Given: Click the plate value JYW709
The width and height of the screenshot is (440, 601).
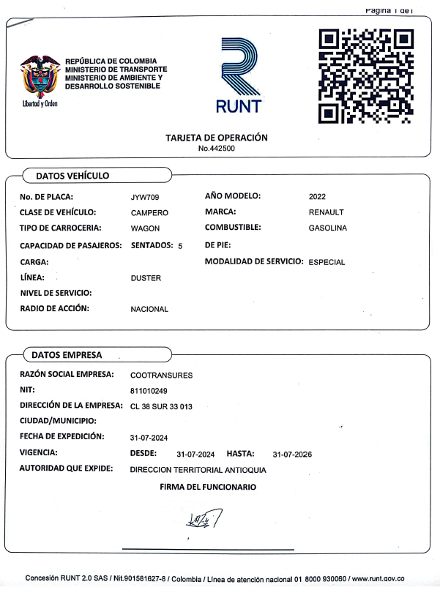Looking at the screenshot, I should click(x=145, y=197).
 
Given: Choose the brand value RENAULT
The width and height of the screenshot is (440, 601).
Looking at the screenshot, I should click(x=327, y=212).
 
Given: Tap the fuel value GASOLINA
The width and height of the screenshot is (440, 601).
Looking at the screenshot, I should click(x=328, y=228).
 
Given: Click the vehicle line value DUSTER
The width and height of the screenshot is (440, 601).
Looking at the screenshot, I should click(x=146, y=278).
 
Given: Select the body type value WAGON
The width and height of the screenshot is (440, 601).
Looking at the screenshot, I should click(x=145, y=228).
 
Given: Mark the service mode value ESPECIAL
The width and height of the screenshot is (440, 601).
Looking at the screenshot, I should click(x=327, y=262).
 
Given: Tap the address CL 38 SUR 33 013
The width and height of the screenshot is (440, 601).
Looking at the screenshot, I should click(x=161, y=406).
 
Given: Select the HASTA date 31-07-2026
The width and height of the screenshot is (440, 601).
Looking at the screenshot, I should click(x=292, y=455).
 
